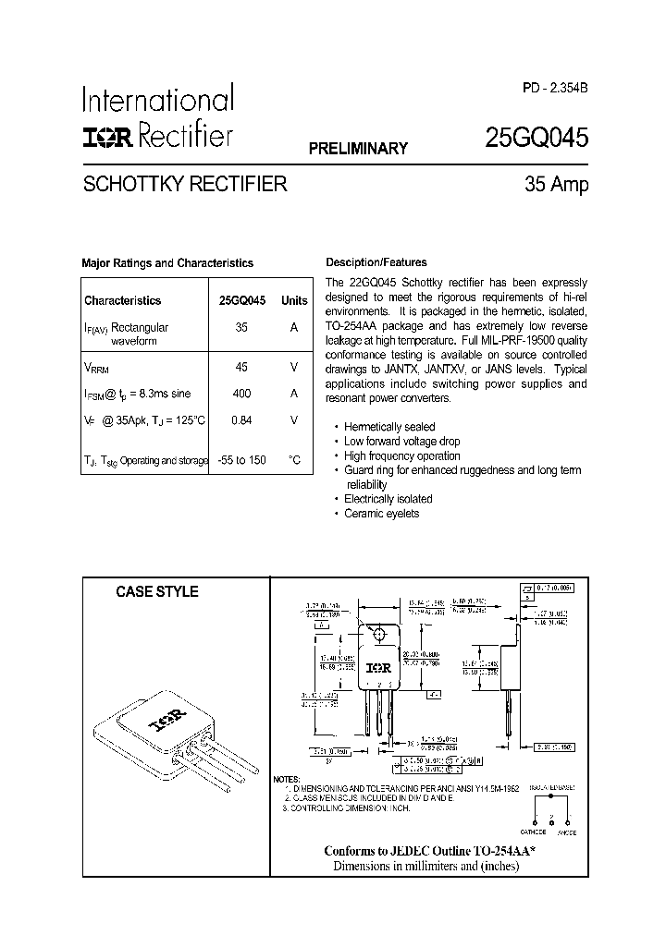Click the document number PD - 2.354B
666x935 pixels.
pos(553,88)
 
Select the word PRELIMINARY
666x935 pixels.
pos(358,149)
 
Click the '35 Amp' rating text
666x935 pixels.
pos(556,184)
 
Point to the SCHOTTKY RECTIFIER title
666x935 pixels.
pos(185,184)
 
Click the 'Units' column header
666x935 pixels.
pos(294,300)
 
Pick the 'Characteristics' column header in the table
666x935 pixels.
pos(122,300)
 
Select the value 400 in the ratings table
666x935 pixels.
pos(241,393)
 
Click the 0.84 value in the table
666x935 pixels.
pos(241,420)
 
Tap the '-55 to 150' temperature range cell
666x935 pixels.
pos(241,460)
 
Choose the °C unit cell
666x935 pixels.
pos(294,460)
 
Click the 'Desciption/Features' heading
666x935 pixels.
pos(376,262)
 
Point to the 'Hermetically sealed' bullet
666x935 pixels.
pos(389,427)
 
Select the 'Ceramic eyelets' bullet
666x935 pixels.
pos(381,514)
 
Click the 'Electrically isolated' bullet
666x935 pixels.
pos(388,499)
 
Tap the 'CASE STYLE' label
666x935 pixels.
pos(156,592)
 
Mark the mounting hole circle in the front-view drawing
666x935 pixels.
pos(378,635)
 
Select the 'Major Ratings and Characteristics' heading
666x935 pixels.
pos(167,263)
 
